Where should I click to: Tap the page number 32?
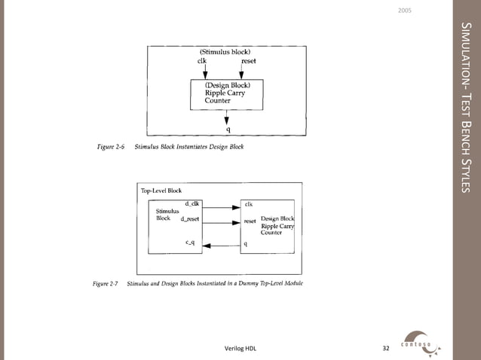point(386,348)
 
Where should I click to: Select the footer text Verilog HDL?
point(241,348)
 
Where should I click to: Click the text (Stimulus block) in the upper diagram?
point(225,52)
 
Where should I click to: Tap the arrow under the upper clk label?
point(205,71)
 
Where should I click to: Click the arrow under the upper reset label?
point(241,71)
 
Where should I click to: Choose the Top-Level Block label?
point(161,191)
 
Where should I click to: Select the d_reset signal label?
point(190,219)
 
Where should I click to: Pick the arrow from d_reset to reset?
point(220,221)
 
